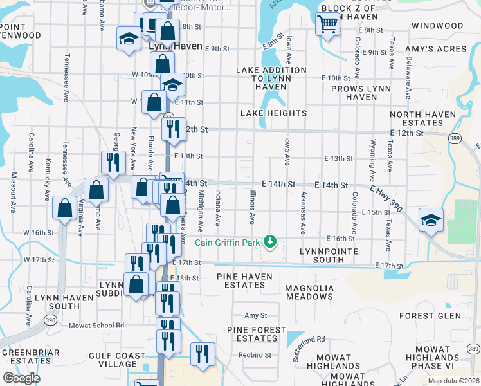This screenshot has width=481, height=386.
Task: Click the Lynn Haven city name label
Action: pyautogui.click(x=176, y=47)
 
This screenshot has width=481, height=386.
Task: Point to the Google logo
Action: pyautogui.click(x=21, y=378)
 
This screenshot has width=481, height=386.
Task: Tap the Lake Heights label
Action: pyautogui.click(x=273, y=113)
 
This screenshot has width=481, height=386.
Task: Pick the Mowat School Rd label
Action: pyautogui.click(x=96, y=326)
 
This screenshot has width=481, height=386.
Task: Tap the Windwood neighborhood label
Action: pyautogui.click(x=437, y=26)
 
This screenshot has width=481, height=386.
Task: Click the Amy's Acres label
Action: pyautogui.click(x=435, y=49)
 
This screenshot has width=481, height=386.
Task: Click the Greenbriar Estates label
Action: pyautogui.click(x=31, y=356)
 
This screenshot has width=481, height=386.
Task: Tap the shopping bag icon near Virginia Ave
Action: pyautogui.click(x=65, y=207)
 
